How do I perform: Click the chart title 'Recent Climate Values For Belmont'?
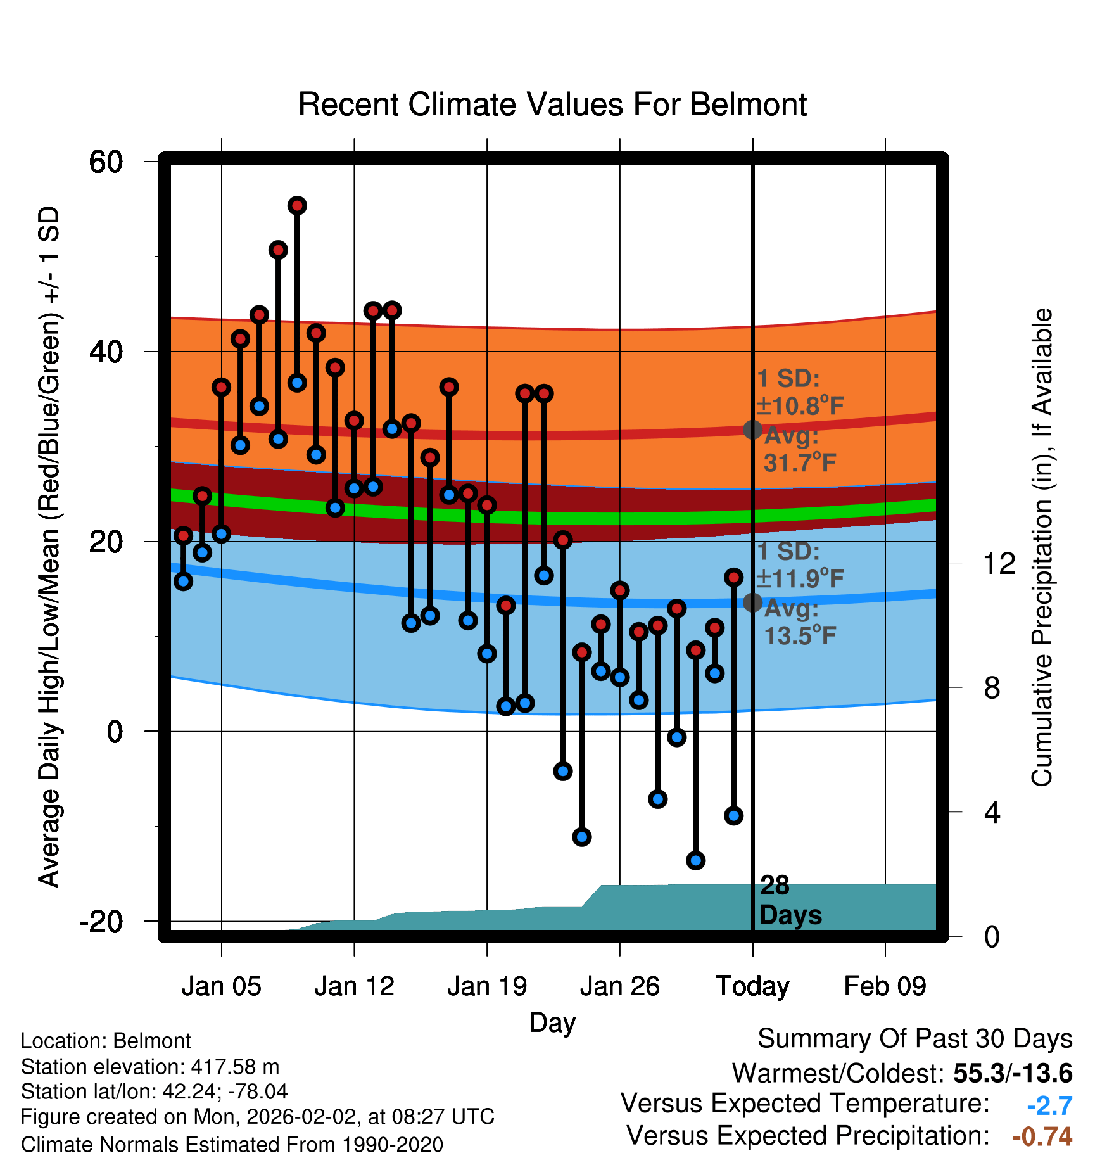click(552, 105)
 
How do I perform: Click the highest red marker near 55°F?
click(297, 205)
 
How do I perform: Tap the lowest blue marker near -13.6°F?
click(695, 860)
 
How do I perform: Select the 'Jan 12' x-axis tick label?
click(354, 986)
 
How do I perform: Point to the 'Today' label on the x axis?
click(752, 986)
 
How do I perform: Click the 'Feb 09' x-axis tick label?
click(885, 986)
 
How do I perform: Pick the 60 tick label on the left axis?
click(106, 162)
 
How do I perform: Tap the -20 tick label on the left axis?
click(101, 920)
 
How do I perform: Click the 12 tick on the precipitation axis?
click(999, 563)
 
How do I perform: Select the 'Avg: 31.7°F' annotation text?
click(800, 449)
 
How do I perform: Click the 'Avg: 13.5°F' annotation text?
click(800, 622)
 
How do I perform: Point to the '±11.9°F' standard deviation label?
click(800, 578)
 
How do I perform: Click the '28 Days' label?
click(790, 900)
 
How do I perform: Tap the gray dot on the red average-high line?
click(752, 429)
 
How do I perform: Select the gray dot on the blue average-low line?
click(752, 602)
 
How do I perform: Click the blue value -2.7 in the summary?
click(1049, 1105)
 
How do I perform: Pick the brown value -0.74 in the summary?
click(1042, 1136)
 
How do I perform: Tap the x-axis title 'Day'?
click(552, 1023)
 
